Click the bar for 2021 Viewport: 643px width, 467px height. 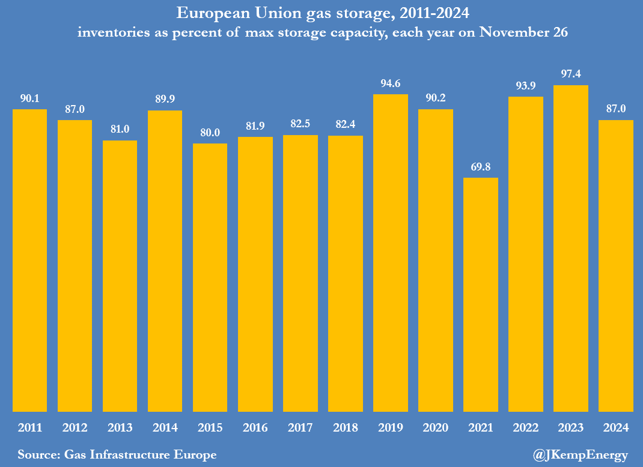pyautogui.click(x=481, y=294)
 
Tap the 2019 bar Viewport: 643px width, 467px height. pyautogui.click(x=391, y=253)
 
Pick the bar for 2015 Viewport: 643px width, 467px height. pyautogui.click(x=210, y=277)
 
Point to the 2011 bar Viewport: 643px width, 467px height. pyautogui.click(x=29, y=260)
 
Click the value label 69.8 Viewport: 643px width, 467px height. pyautogui.click(x=481, y=167)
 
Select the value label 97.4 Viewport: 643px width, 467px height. pyautogui.click(x=571, y=74)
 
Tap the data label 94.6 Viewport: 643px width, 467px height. pyautogui.click(x=391, y=83)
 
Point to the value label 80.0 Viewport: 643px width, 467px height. pyautogui.click(x=210, y=133)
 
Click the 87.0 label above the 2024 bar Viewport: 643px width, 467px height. pyautogui.click(x=616, y=109)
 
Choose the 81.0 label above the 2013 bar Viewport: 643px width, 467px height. pyautogui.click(x=120, y=130)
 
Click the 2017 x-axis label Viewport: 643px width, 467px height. pyautogui.click(x=300, y=428)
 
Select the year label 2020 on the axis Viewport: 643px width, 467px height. pyautogui.click(x=436, y=428)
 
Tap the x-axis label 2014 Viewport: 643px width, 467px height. pyautogui.click(x=165, y=428)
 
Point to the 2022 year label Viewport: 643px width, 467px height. pyautogui.click(x=526, y=428)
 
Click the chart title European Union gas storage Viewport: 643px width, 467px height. pyautogui.click(x=321, y=13)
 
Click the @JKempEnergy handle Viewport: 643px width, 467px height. pyautogui.click(x=580, y=455)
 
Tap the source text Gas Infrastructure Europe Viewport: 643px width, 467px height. pyautogui.click(x=139, y=455)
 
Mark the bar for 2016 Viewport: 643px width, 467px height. pyautogui.click(x=255, y=274)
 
